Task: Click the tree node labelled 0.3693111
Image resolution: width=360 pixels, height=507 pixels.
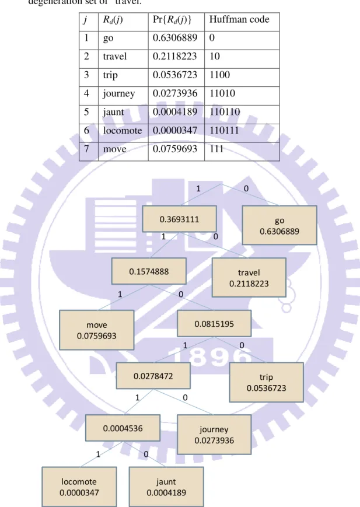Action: pos(179,219)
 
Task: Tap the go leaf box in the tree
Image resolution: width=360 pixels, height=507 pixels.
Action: pos(279,225)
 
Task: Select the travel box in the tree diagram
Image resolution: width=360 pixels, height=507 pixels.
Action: pos(249,278)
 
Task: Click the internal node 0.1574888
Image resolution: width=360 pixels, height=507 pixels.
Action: pos(149,271)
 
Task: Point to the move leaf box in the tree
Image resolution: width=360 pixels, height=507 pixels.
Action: pos(97,330)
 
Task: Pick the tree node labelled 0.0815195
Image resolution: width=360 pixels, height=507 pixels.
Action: pos(214,323)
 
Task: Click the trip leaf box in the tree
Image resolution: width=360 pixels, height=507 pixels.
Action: pos(267,382)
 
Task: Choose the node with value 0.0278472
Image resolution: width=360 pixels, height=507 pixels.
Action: pos(153,376)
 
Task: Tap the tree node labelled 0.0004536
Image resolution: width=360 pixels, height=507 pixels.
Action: pos(123,428)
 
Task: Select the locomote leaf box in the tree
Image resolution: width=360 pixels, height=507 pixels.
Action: pos(79,487)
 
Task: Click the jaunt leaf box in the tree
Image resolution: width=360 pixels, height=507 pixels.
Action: pos(166,487)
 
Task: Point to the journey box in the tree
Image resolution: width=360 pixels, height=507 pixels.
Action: pos(214,435)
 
